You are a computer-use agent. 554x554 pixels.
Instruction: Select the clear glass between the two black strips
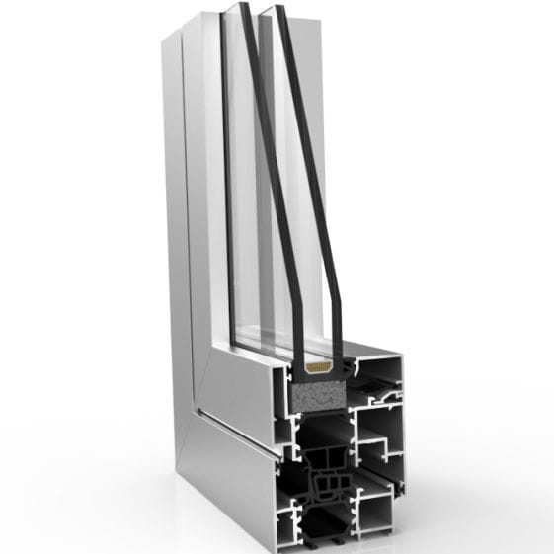pyautogui.click(x=262, y=198)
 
